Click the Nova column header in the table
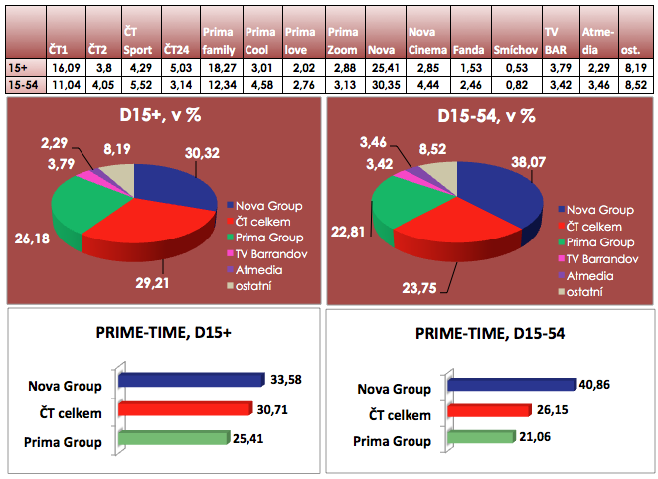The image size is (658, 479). click(x=381, y=48)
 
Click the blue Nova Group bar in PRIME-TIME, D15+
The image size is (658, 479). click(x=189, y=380)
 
